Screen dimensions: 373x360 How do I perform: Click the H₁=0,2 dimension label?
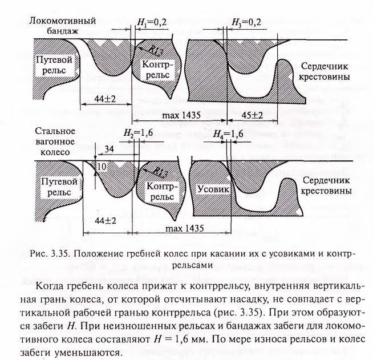coord(152,22)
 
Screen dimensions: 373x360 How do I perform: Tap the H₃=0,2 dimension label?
coord(246,22)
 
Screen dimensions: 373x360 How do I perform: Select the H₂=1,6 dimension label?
coord(138,133)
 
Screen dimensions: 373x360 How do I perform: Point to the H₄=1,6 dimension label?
coord(228,134)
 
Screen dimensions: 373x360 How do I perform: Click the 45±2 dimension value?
coord(253,115)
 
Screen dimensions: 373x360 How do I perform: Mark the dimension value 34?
coord(109,149)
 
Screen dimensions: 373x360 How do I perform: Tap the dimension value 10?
coord(102,167)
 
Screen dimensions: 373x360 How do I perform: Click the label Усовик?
coord(213,189)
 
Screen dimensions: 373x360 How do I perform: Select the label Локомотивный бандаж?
coord(63,26)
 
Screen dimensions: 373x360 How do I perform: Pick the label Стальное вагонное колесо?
coord(55,141)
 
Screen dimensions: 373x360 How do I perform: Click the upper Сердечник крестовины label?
coord(324,71)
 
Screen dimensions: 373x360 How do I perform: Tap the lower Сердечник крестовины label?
coord(326,185)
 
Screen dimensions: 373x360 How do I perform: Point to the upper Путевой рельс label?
coord(54,64)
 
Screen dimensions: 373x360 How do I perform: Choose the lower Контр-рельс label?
coord(160,191)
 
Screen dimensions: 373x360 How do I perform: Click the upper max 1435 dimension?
coord(181,115)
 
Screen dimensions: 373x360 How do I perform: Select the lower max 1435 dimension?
coord(185,228)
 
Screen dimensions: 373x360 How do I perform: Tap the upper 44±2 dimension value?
coord(105,99)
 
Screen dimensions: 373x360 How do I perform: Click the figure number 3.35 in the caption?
coord(59,254)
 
